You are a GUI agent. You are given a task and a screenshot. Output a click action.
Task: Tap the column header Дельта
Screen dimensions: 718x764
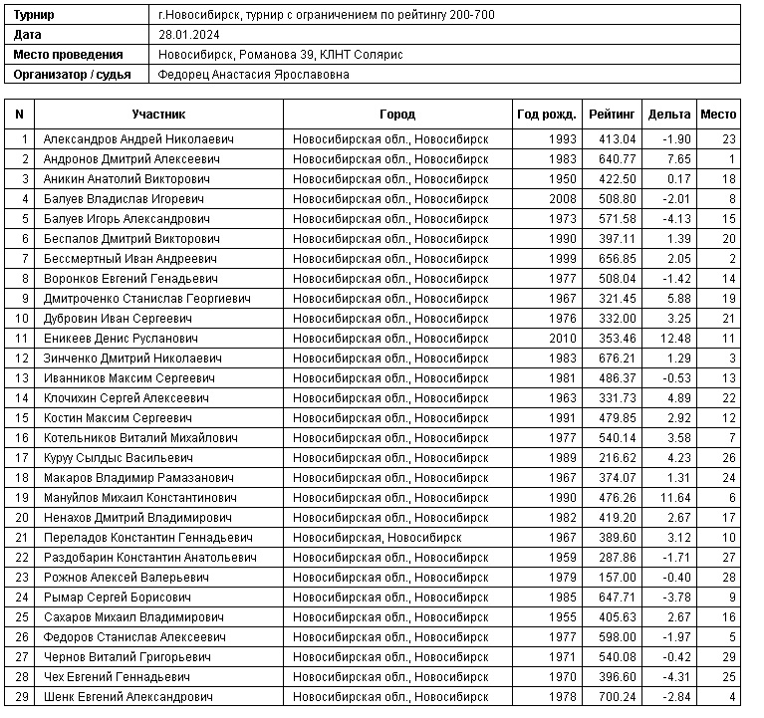(x=668, y=115)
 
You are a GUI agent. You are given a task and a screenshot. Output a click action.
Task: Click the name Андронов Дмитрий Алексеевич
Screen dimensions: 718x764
(x=138, y=159)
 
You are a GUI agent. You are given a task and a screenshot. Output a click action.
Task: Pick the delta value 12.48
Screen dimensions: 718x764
(x=674, y=339)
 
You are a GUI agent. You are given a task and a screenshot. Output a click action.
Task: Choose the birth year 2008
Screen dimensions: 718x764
(x=562, y=199)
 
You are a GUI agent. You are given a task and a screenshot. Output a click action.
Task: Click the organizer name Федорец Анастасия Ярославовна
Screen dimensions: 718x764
(x=254, y=74)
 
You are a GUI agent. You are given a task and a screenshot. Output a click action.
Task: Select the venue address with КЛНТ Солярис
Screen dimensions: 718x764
(x=280, y=54)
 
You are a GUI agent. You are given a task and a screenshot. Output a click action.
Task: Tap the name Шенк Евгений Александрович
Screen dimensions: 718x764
(x=128, y=697)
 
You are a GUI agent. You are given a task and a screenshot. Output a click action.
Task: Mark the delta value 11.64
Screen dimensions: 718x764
(x=674, y=498)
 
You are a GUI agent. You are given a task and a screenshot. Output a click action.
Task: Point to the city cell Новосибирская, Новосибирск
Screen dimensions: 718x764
(x=377, y=538)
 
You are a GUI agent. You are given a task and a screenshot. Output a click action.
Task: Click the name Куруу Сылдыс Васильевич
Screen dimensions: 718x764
(x=118, y=458)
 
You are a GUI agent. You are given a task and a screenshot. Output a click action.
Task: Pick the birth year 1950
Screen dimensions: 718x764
(x=562, y=179)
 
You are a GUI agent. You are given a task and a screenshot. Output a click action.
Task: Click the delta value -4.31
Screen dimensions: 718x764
(x=676, y=677)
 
